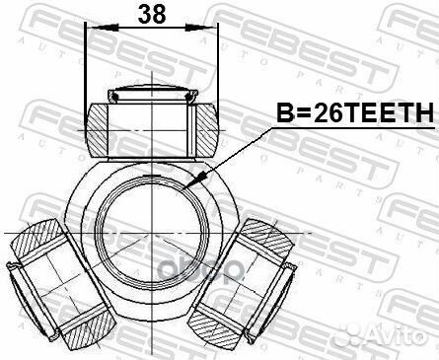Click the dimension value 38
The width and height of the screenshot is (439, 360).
pyautogui.click(x=150, y=15)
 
